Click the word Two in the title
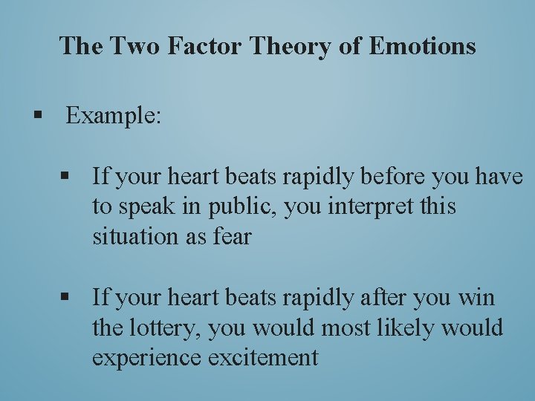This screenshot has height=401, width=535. click(x=136, y=46)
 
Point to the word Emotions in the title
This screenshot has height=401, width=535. click(x=422, y=46)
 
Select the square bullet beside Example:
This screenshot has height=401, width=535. click(x=36, y=115)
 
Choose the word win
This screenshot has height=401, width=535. click(x=476, y=299)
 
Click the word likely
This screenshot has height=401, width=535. click(x=412, y=328)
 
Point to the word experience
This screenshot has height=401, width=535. click(x=146, y=358)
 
